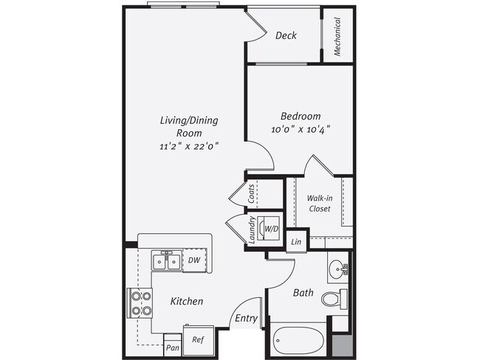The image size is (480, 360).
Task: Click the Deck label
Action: click(x=287, y=35)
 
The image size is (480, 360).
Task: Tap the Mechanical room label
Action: click(x=337, y=37)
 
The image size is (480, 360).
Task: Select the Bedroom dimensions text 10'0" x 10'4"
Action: click(x=301, y=129)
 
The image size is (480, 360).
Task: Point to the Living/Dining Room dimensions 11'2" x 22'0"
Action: click(x=189, y=146)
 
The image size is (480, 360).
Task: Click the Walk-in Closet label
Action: click(x=319, y=204)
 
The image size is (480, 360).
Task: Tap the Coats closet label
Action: click(x=252, y=195)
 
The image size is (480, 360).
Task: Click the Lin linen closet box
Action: click(x=297, y=242)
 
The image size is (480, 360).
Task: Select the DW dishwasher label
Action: click(x=193, y=260)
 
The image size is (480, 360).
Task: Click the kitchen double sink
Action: click(x=165, y=261)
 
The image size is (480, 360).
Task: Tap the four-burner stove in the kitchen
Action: click(x=140, y=302)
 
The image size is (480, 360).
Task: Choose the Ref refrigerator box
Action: click(x=198, y=340)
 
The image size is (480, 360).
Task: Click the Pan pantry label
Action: click(x=173, y=347)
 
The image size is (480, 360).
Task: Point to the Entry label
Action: click(x=246, y=319)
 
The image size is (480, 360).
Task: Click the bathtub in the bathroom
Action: click(x=300, y=342)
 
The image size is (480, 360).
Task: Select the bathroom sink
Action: click(x=338, y=268)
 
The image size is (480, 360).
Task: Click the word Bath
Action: click(x=303, y=293)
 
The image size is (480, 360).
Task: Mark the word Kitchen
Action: click(x=186, y=301)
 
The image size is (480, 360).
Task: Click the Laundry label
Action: click(x=252, y=230)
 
